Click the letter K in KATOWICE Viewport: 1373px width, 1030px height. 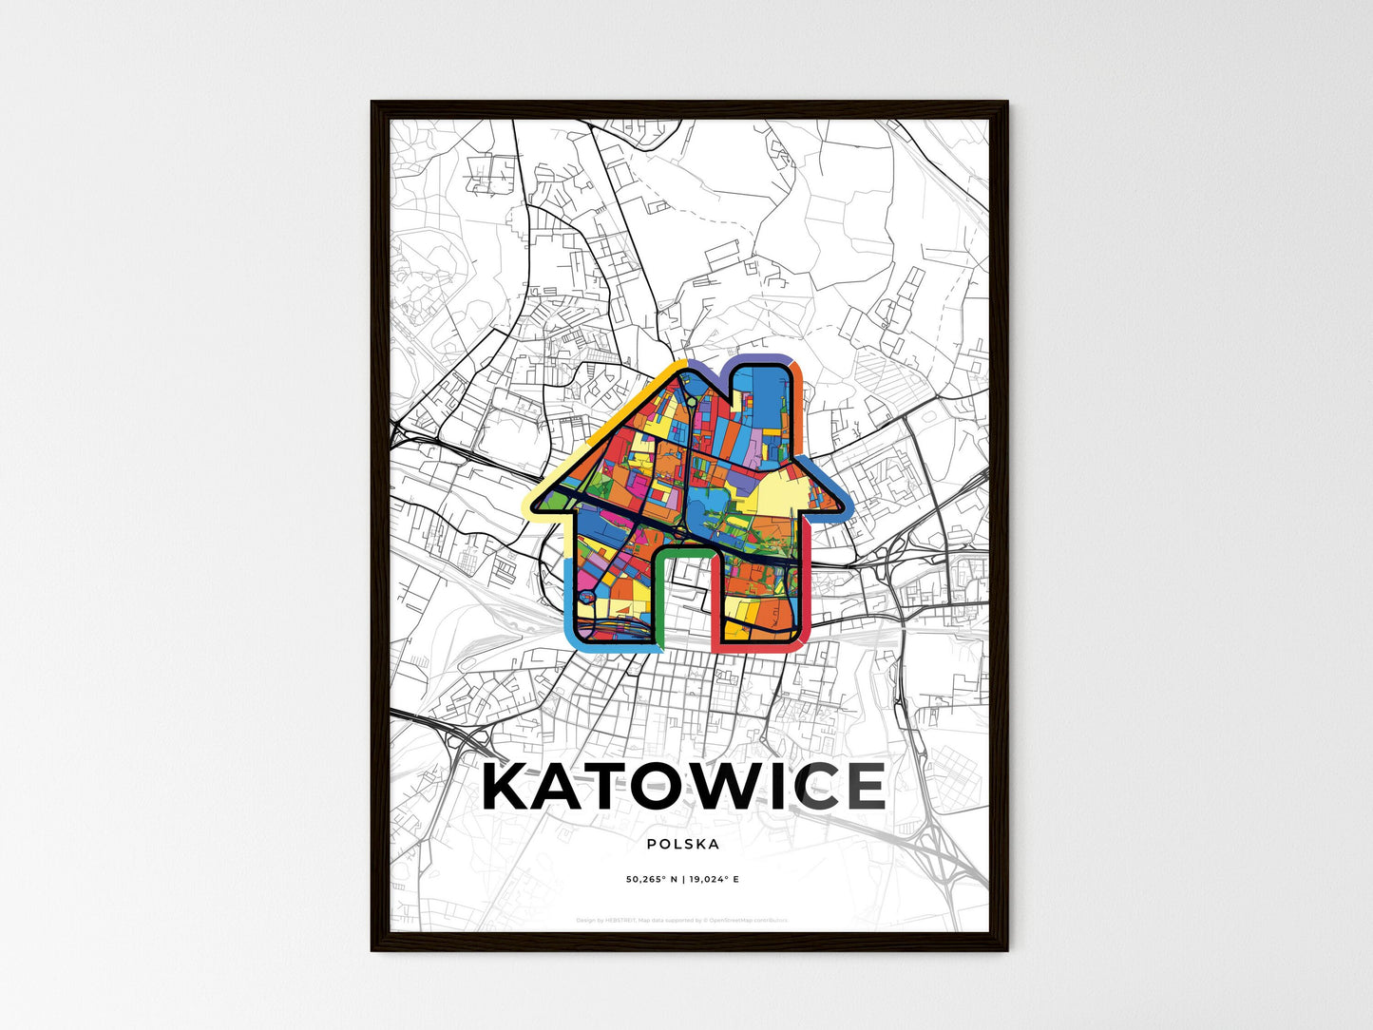513,787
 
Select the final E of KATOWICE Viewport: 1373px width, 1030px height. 859,787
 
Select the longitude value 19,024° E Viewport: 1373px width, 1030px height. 712,880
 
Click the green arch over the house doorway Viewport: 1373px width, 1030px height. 681,551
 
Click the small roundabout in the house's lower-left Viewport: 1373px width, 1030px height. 587,597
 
